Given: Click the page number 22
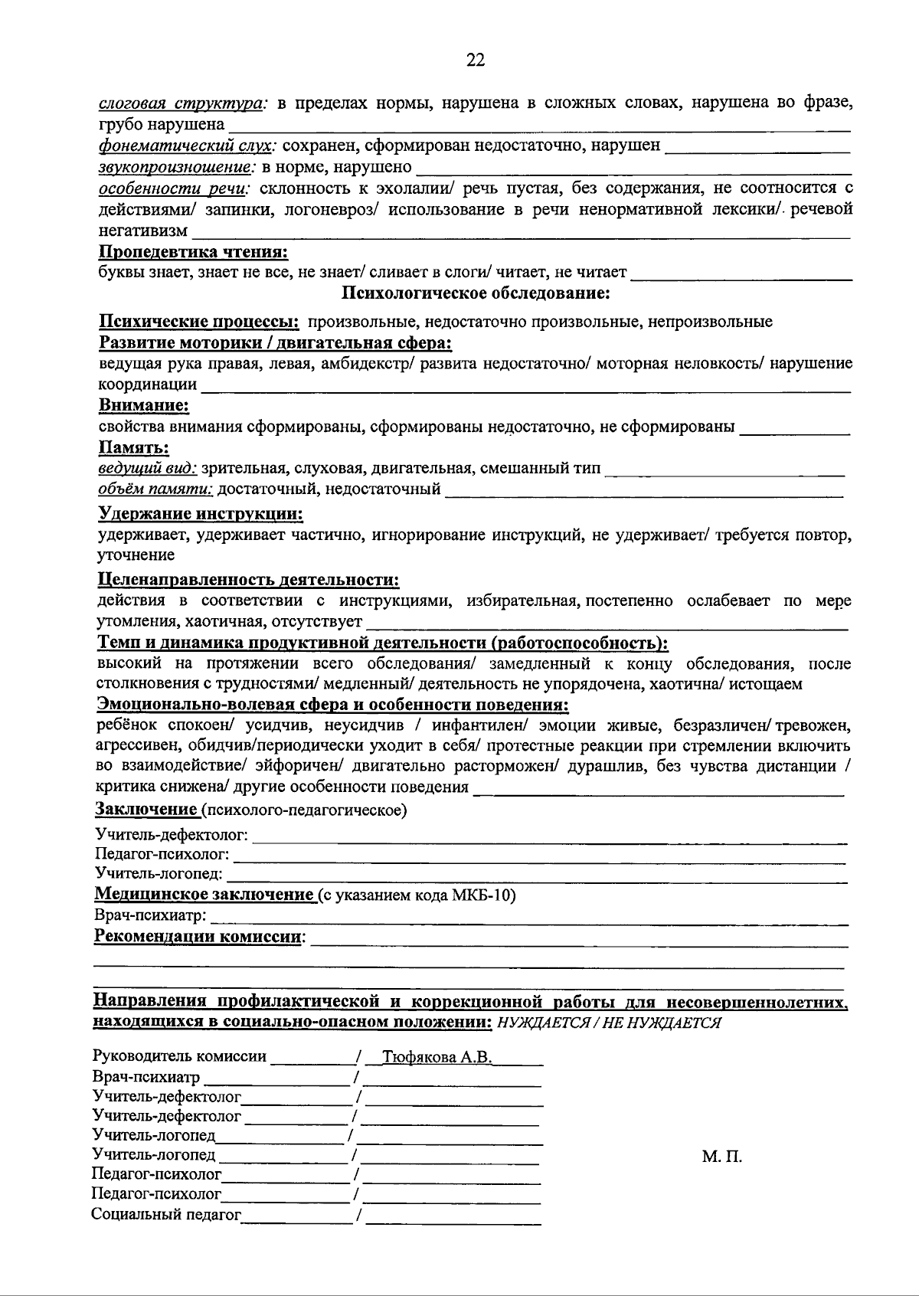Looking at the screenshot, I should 476,61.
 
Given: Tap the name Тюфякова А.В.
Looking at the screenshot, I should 437,1058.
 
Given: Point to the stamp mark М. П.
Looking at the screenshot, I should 721,1157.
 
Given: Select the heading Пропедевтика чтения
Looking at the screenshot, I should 194,251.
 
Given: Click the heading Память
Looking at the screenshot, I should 134,447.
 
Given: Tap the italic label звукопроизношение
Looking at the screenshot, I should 177,166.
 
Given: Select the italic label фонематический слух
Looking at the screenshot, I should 188,145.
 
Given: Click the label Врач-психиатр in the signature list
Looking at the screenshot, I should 146,1078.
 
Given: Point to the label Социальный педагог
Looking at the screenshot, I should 166,1213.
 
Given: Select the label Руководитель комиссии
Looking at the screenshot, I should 179,1057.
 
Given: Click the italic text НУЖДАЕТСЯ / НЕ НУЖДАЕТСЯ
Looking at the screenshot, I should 609,1023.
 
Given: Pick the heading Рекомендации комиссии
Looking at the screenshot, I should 198,936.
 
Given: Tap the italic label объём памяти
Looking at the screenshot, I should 156,489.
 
